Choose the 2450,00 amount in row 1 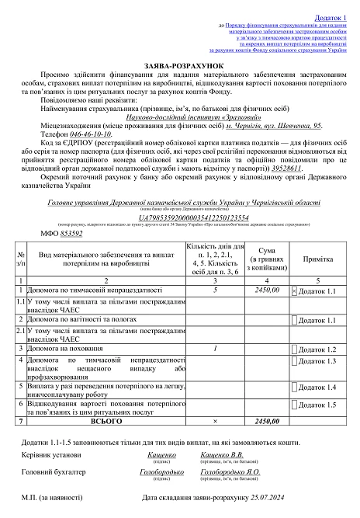pyautogui.click(x=265, y=290)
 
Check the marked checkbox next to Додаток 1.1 pyautogui.click(x=293, y=290)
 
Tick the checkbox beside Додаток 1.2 pyautogui.click(x=293, y=349)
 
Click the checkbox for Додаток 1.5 pyautogui.click(x=293, y=405)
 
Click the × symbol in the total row pyautogui.click(x=213, y=421)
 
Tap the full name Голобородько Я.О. pyautogui.click(x=230, y=472)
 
